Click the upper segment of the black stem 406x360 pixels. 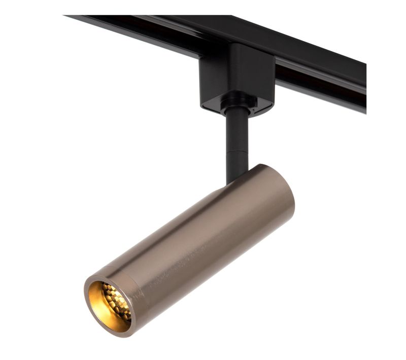click(x=237, y=127)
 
